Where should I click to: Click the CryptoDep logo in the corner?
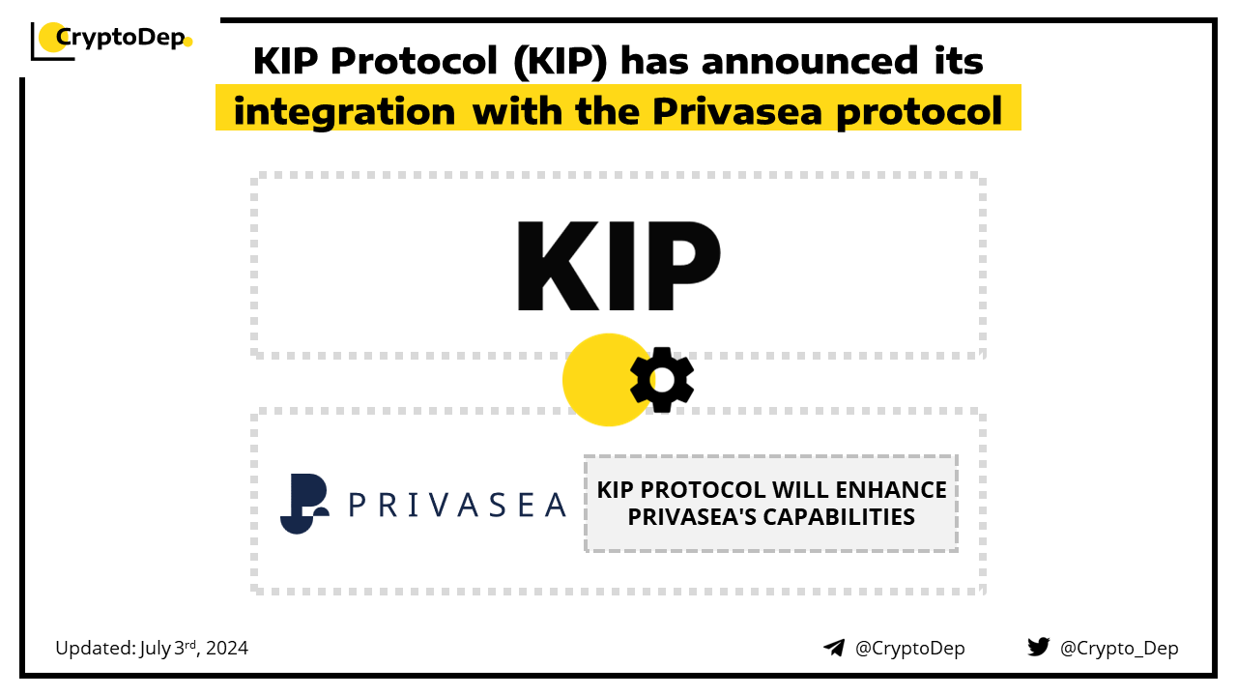[x=111, y=40]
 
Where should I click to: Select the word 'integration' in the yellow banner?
[x=344, y=112]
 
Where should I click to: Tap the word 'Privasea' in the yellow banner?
[x=737, y=111]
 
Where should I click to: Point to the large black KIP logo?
[x=618, y=266]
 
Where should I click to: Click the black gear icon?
[x=662, y=380]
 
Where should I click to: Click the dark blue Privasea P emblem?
[x=304, y=504]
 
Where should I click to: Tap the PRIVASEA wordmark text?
[x=458, y=505]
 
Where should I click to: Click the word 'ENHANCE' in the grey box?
[x=891, y=490]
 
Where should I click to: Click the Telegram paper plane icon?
[x=834, y=648]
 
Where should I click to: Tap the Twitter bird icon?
[x=1039, y=647]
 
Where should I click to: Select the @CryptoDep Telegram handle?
[x=909, y=648]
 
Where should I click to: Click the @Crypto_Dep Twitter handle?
[x=1119, y=648]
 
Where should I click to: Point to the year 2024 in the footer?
[x=227, y=648]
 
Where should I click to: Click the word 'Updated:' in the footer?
[x=96, y=648]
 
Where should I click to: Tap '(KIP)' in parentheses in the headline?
[x=560, y=61]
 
